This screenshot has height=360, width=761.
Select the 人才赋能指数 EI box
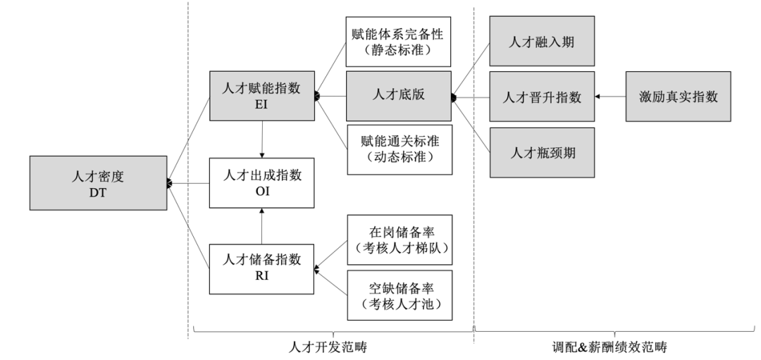coord(261,96)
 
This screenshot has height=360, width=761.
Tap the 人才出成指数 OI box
coord(261,182)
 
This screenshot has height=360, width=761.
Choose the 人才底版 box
coord(397,97)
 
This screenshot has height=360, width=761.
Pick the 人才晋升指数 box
coord(543,97)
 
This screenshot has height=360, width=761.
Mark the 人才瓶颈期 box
coord(543,150)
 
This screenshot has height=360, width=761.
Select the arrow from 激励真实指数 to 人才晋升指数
coord(610,97)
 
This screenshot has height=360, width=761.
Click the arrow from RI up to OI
coord(261,226)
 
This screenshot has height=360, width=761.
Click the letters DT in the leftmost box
coord(99,191)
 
